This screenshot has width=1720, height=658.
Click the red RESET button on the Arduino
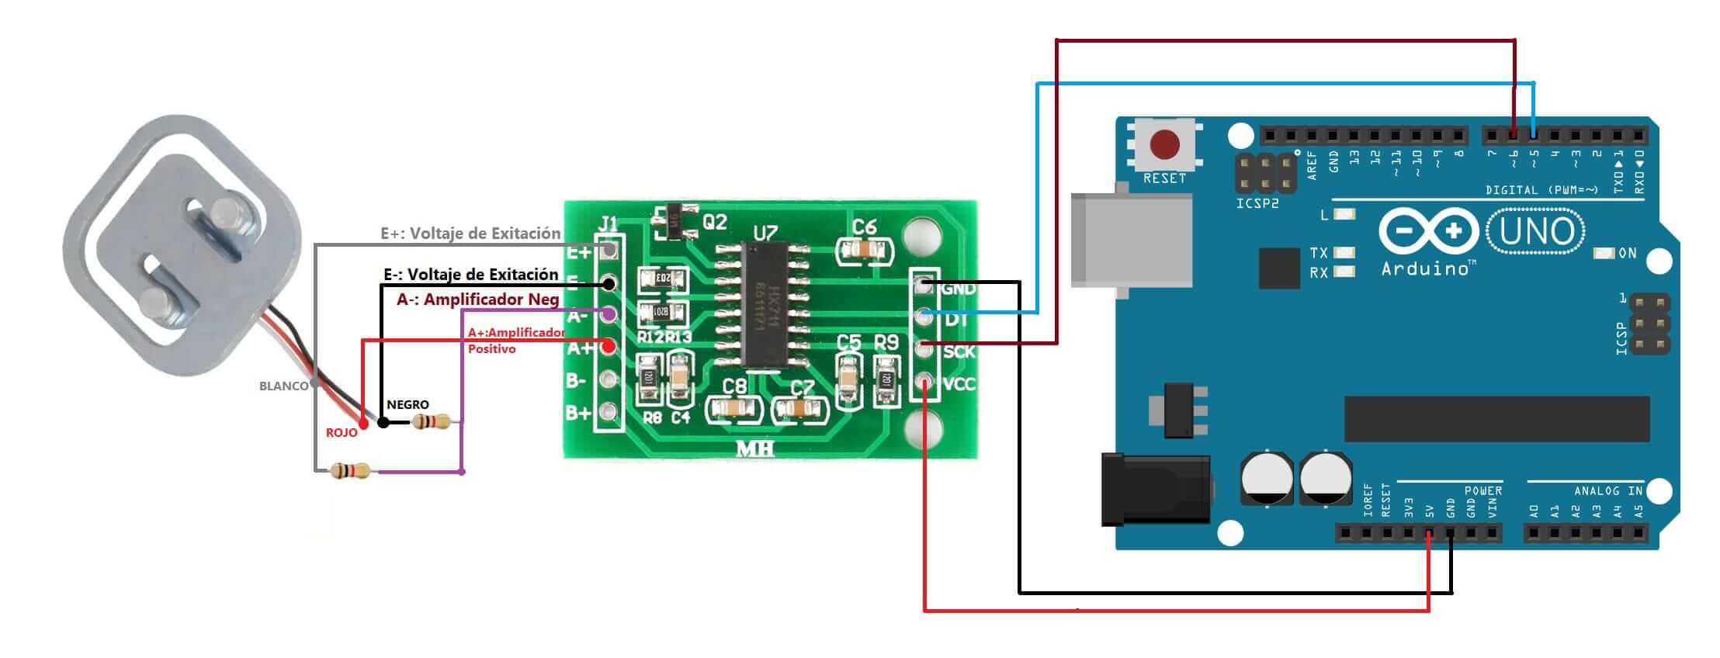[1164, 144]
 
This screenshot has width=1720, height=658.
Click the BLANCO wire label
[283, 386]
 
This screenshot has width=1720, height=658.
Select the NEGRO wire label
[407, 404]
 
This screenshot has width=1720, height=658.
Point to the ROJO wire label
[342, 432]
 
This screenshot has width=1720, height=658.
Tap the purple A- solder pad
[609, 314]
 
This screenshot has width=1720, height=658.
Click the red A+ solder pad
[609, 346]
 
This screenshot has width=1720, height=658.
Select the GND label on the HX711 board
[958, 289]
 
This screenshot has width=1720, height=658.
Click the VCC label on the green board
[959, 383]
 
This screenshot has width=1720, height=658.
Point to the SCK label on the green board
[959, 352]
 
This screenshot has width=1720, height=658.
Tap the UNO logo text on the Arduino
[1537, 231]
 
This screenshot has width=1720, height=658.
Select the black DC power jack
[1156, 488]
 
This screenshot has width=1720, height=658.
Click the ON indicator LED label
[1627, 253]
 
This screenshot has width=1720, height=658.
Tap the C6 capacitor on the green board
[864, 248]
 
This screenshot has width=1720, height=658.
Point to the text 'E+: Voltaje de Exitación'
[470, 233]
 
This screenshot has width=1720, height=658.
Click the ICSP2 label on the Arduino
[1257, 204]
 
